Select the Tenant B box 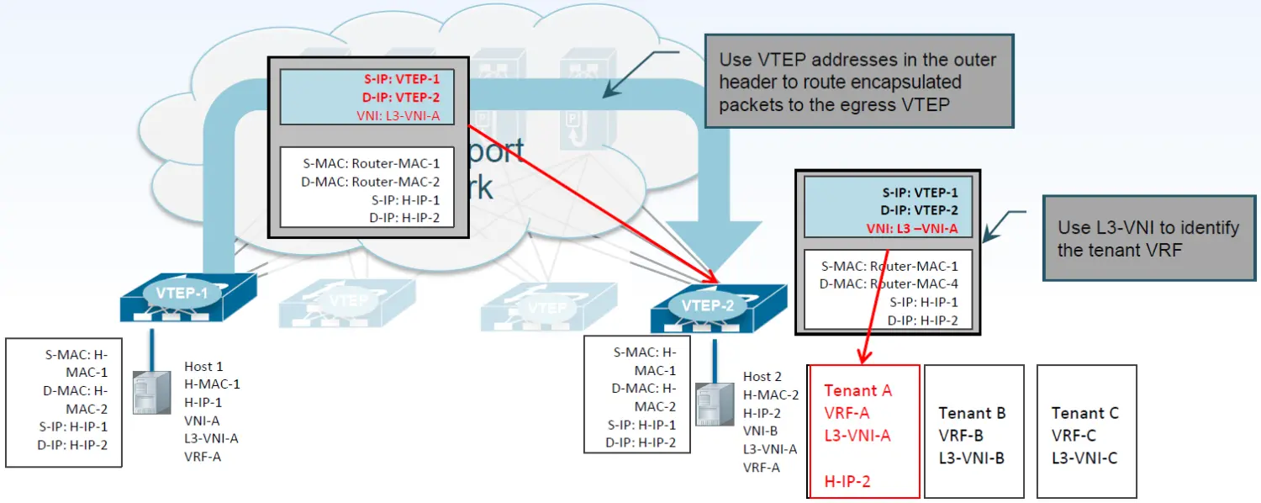[x=973, y=431]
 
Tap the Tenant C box [x=1086, y=431]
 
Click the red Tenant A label [x=857, y=390]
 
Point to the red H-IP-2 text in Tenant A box [x=847, y=481]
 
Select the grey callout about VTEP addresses [x=858, y=81]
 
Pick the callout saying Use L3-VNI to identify [x=1148, y=238]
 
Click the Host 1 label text [x=203, y=367]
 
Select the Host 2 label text [x=762, y=376]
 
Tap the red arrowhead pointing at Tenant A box [x=862, y=356]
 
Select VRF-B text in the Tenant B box [x=961, y=436]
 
